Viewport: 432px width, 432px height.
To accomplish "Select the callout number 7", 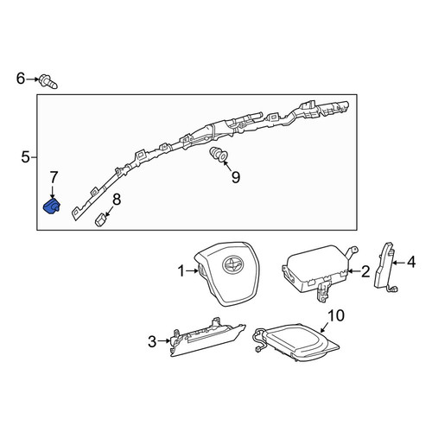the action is coord(54,178).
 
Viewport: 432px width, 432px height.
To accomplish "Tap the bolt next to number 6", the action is coord(48,81).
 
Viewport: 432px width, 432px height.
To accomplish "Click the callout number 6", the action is coord(21,79).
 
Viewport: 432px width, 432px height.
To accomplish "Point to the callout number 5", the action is coord(25,157).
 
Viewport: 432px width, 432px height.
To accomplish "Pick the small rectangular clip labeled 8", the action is coord(100,220).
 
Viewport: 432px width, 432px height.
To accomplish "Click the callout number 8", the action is coord(117,200).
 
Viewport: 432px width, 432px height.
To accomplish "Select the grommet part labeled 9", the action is coord(218,155).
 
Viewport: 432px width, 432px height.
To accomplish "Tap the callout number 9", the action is coord(236,177).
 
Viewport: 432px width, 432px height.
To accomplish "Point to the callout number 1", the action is coord(181,271).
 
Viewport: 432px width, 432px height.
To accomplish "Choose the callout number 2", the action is coord(365,271).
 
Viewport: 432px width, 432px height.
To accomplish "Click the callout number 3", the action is coord(152,341).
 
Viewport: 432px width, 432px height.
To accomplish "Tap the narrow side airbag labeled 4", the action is coord(384,268).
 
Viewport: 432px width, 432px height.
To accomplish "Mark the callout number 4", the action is coord(411,263).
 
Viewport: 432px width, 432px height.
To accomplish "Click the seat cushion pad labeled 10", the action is coord(296,342).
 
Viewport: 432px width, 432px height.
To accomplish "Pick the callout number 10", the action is coord(336,315).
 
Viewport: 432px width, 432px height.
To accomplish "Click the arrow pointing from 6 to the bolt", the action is coord(32,79).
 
